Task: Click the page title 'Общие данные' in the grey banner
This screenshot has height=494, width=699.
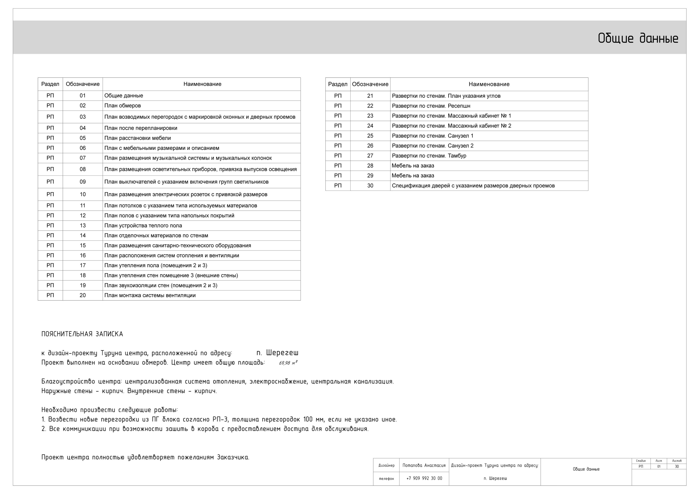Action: pyautogui.click(x=638, y=39)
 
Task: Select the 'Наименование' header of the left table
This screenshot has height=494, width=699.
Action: pyautogui.click(x=202, y=84)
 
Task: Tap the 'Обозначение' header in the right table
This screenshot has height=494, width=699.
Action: pyautogui.click(x=370, y=84)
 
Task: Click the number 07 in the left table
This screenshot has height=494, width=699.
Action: pyautogui.click(x=82, y=158)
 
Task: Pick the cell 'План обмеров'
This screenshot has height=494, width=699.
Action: pyautogui.click(x=122, y=106)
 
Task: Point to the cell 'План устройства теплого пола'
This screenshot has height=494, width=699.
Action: pyautogui.click(x=143, y=225)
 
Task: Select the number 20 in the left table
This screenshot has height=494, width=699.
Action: pyautogui.click(x=82, y=295)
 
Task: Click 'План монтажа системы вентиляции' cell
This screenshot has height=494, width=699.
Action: pyautogui.click(x=150, y=295)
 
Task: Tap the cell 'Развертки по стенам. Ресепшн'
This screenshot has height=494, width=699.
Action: pyautogui.click(x=431, y=106)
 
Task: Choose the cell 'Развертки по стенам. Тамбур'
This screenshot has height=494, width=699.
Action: pyautogui.click(x=429, y=156)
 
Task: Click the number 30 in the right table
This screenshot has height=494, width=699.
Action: pyautogui.click(x=370, y=186)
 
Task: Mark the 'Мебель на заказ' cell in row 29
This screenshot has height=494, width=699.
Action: pyautogui.click(x=413, y=175)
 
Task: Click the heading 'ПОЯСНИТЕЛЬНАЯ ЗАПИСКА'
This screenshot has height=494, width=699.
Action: pyautogui.click(x=82, y=334)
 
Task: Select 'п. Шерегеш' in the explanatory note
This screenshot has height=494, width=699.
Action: pyautogui.click(x=277, y=353)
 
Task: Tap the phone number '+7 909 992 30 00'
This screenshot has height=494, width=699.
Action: pyautogui.click(x=424, y=478)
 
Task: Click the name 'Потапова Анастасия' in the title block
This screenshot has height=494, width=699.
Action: pyautogui.click(x=424, y=465)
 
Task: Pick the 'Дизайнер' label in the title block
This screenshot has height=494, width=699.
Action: pyautogui.click(x=386, y=465)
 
